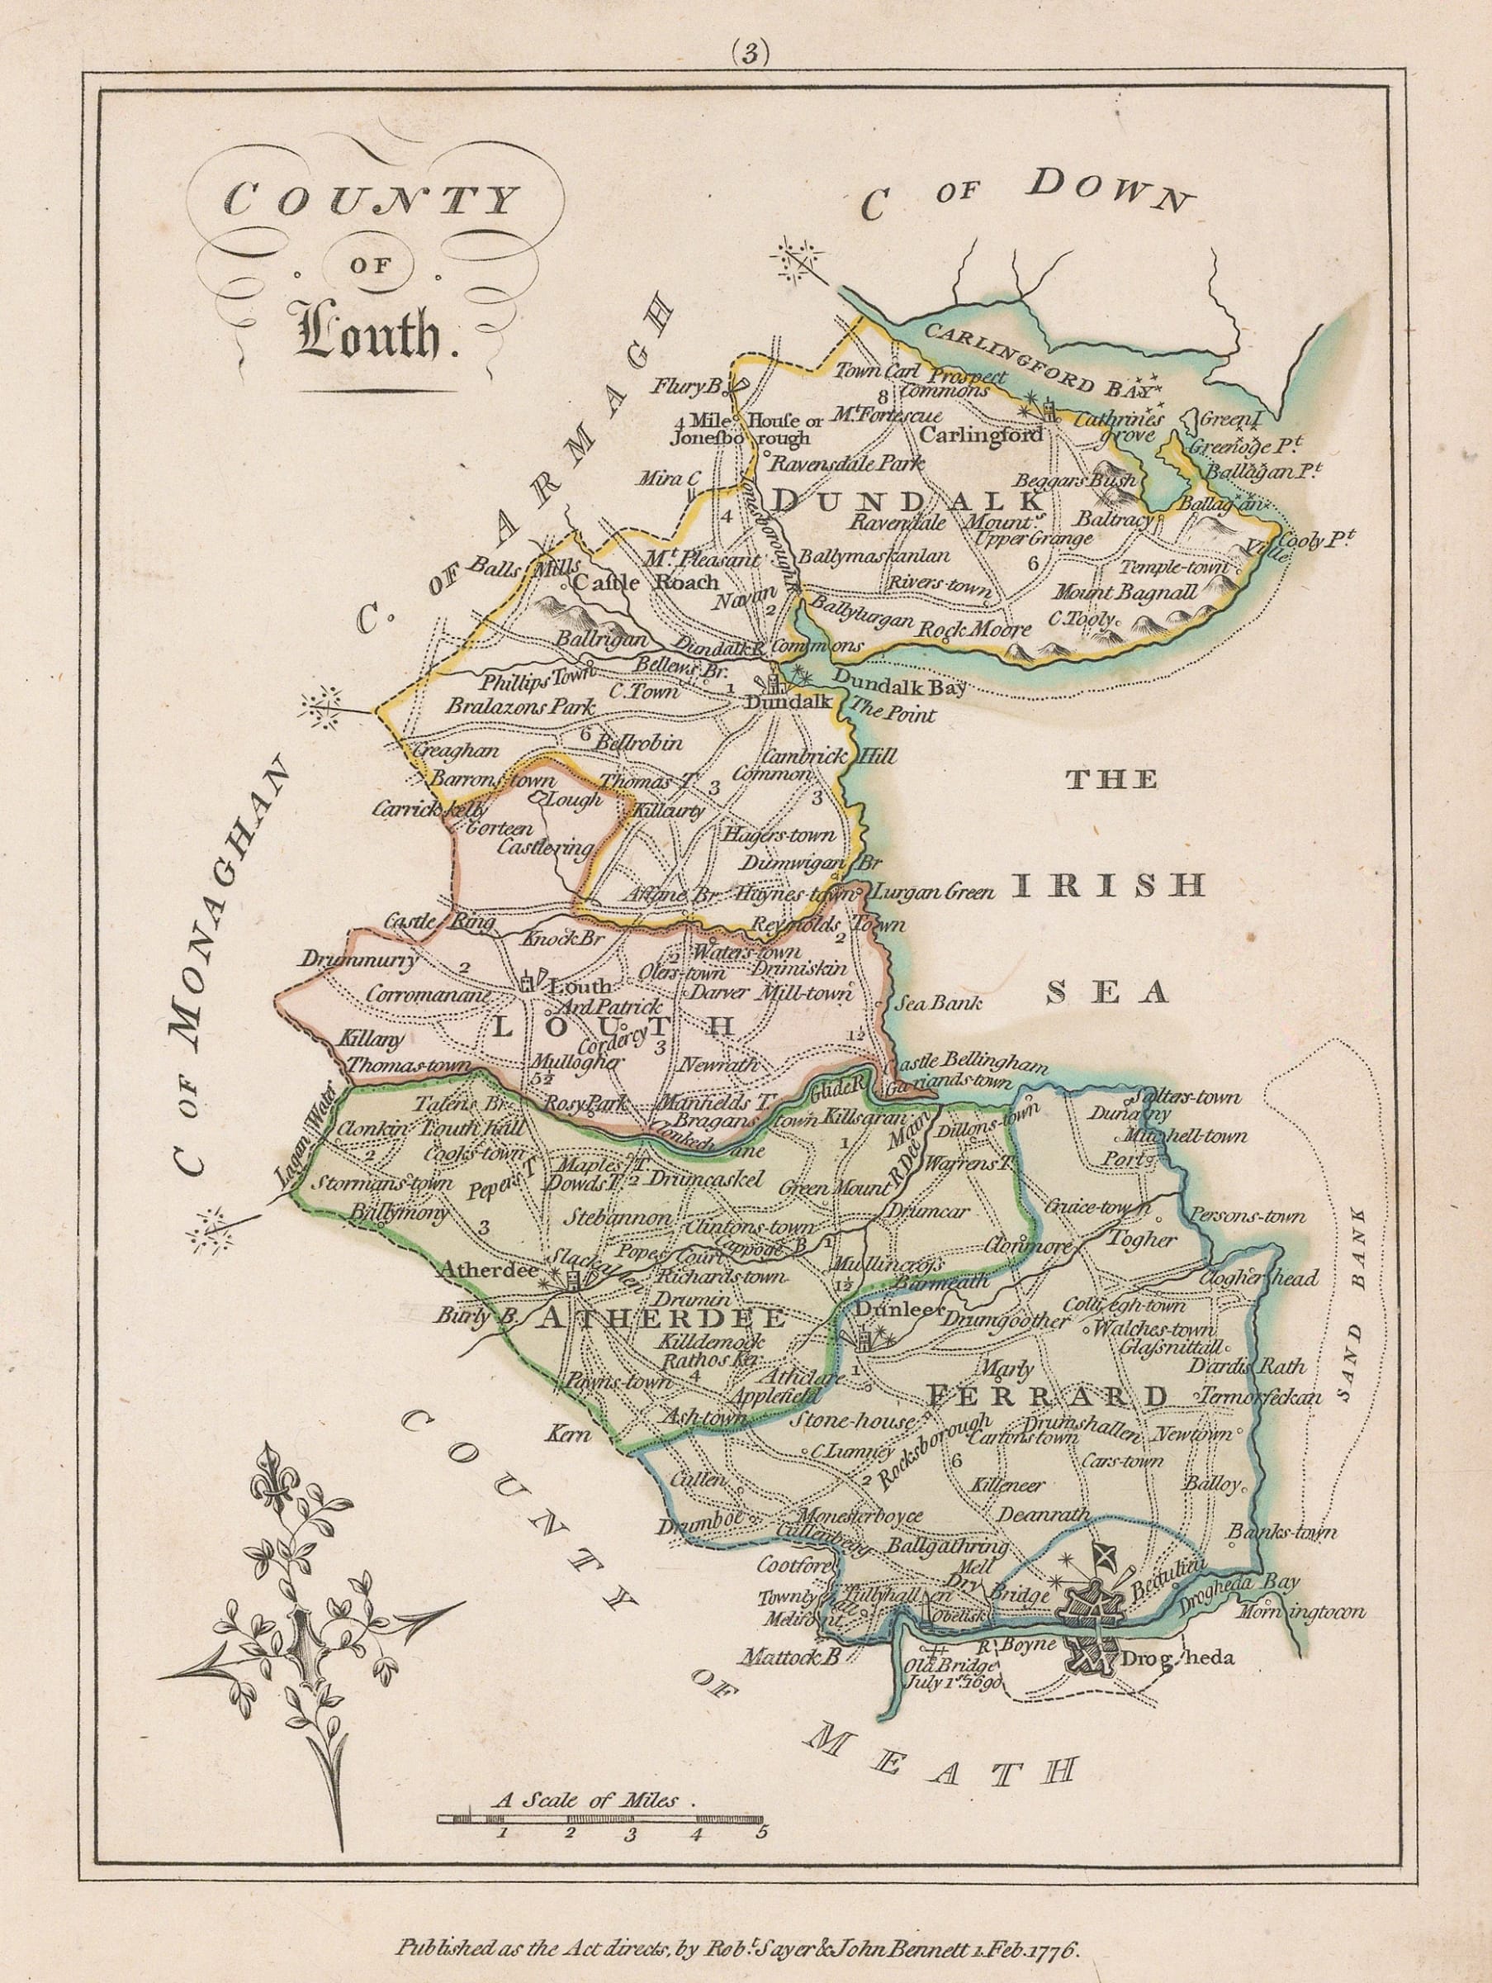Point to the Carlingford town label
[981, 435]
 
